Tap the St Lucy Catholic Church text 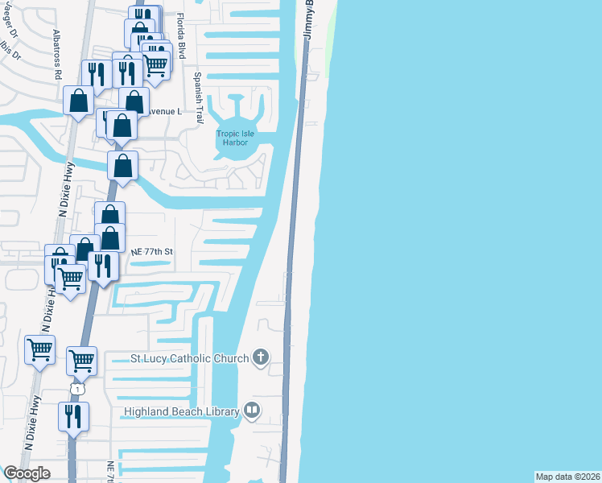click(x=190, y=358)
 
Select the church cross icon click(x=260, y=357)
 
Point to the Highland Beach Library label click(x=181, y=412)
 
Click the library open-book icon click(x=252, y=411)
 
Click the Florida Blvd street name click(x=182, y=37)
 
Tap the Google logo click(x=27, y=473)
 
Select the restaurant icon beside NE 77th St click(x=103, y=264)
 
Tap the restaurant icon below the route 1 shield click(x=73, y=417)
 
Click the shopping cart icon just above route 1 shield click(x=81, y=360)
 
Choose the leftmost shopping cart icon click(x=39, y=349)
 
